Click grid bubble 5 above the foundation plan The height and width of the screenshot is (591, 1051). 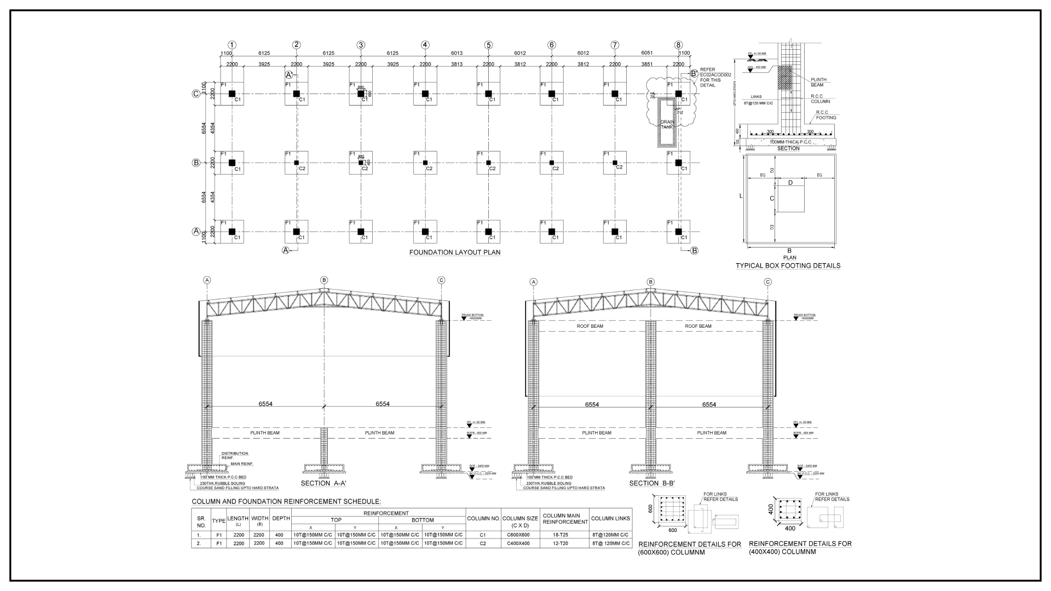(488, 45)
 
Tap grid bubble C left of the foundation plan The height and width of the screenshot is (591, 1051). (196, 94)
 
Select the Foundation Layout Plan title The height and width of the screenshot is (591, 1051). (454, 252)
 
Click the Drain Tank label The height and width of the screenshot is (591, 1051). (667, 124)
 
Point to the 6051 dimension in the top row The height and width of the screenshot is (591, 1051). (646, 53)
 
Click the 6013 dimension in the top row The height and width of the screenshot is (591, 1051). (457, 53)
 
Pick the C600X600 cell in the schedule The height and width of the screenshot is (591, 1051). (518, 535)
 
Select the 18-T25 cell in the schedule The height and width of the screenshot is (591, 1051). (564, 535)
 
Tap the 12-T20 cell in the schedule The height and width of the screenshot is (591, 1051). (564, 543)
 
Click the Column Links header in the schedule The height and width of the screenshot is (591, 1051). (610, 518)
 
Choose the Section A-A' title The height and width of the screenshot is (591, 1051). (324, 483)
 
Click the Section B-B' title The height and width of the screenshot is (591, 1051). (651, 483)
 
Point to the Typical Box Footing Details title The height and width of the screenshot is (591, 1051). (788, 266)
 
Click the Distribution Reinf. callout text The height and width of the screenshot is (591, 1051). (234, 455)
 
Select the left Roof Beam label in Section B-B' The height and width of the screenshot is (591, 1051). (590, 326)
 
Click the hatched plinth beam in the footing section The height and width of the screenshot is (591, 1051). (785, 78)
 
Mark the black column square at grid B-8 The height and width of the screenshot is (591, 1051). (678, 163)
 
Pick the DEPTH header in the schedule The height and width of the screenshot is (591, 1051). (281, 518)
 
